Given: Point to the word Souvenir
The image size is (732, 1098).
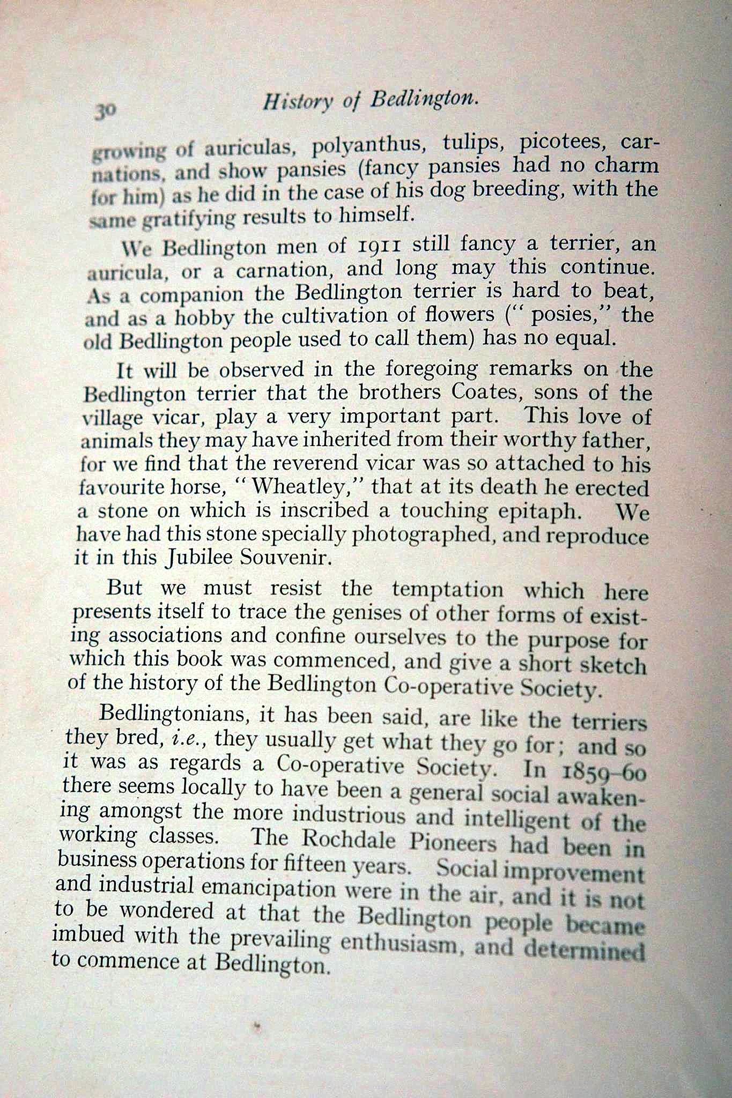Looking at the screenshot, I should click(x=283, y=559).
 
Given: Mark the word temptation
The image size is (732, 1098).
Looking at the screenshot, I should click(x=448, y=590).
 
